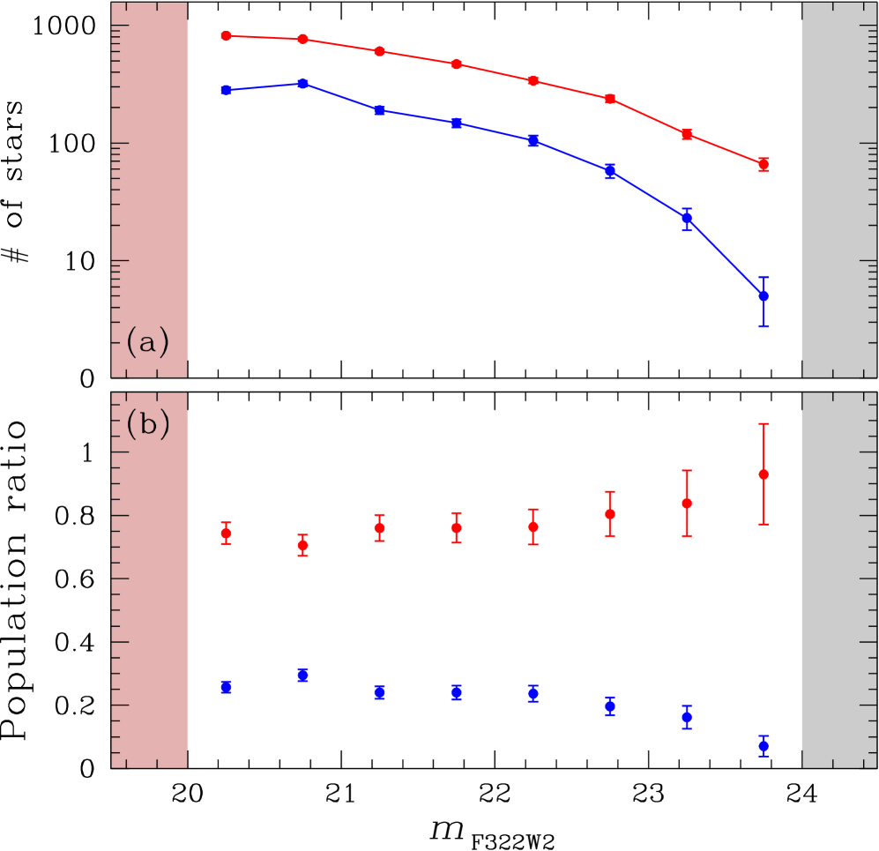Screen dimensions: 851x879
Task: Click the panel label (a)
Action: click(x=146, y=341)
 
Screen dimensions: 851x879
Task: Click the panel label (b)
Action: click(x=146, y=424)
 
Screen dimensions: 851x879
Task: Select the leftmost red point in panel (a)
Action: click(x=226, y=36)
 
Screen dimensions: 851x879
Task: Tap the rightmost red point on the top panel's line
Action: click(x=764, y=165)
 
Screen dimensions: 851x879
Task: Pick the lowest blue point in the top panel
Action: click(x=764, y=295)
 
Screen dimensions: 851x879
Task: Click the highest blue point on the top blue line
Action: click(x=302, y=84)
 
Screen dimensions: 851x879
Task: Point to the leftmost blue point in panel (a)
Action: click(x=226, y=90)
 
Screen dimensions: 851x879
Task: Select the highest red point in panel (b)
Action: click(x=764, y=474)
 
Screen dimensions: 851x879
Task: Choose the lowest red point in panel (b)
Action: click(x=302, y=545)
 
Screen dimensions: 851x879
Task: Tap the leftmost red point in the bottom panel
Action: click(x=226, y=534)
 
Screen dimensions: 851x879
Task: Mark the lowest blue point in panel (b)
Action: click(x=764, y=746)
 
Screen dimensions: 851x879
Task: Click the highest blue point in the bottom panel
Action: click(x=302, y=675)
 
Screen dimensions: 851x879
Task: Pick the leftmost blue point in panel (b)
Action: click(x=226, y=687)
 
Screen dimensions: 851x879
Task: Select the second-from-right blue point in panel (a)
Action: click(x=687, y=218)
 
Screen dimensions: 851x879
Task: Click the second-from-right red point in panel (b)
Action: click(x=687, y=503)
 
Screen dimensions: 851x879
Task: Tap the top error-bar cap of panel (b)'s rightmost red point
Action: click(x=764, y=424)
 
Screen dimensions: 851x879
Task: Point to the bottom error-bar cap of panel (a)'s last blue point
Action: click(x=764, y=326)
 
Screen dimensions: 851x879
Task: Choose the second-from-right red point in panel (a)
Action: click(x=687, y=134)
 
